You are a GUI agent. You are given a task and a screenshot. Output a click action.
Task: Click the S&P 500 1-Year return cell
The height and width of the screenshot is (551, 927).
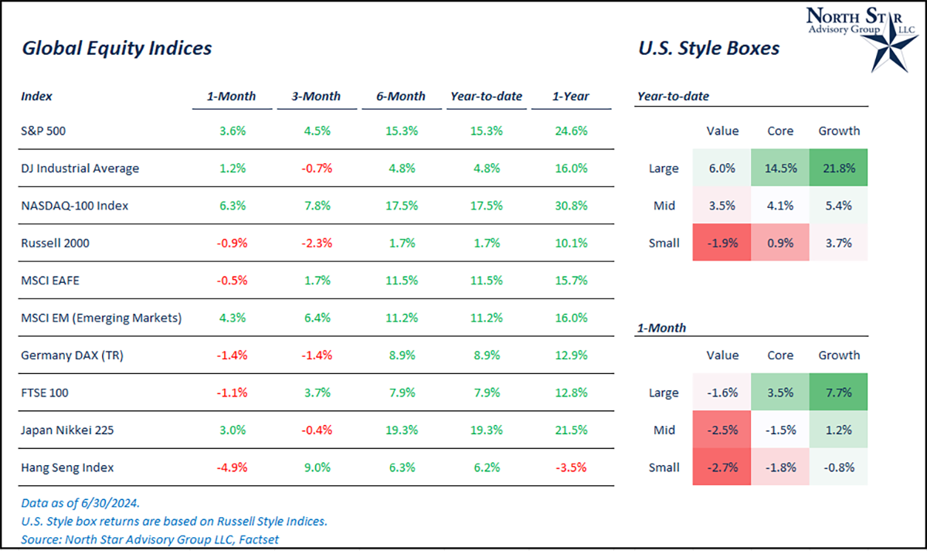point(571,131)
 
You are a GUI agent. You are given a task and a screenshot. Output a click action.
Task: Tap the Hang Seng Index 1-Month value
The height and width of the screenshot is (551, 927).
point(231,467)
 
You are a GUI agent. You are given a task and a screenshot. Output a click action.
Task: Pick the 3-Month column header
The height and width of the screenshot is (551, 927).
point(316,97)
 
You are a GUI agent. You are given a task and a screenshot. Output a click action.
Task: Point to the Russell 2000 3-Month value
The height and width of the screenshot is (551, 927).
point(316,243)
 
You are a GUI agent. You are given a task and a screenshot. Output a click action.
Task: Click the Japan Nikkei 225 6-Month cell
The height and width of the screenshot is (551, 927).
point(401,430)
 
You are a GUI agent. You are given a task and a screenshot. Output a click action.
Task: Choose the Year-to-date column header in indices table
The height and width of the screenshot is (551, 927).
point(486,97)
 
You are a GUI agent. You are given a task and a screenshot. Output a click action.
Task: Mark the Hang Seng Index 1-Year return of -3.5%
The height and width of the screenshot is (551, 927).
point(571,467)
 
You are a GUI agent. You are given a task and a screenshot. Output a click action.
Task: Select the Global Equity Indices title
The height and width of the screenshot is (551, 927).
point(117,48)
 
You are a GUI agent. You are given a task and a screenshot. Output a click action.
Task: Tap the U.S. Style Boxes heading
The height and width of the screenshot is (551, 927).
point(708,48)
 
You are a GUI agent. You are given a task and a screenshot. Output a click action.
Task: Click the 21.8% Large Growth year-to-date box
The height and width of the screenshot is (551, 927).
point(839,168)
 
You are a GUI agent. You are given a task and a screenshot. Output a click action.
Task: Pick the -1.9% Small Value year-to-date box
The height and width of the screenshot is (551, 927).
point(722,243)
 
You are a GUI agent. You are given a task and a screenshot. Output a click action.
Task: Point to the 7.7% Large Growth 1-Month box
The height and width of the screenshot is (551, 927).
point(839,393)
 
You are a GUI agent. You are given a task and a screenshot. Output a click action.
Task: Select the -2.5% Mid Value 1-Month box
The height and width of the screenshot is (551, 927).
point(722,430)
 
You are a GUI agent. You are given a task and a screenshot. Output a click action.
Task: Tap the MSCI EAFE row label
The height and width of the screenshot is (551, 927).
point(51,281)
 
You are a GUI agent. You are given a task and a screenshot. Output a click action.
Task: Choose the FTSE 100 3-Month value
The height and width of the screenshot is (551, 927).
point(316,393)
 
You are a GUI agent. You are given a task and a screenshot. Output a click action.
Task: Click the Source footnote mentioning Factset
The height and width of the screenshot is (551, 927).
point(150,539)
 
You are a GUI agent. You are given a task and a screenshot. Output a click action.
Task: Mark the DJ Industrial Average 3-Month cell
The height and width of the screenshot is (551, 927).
point(316,168)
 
